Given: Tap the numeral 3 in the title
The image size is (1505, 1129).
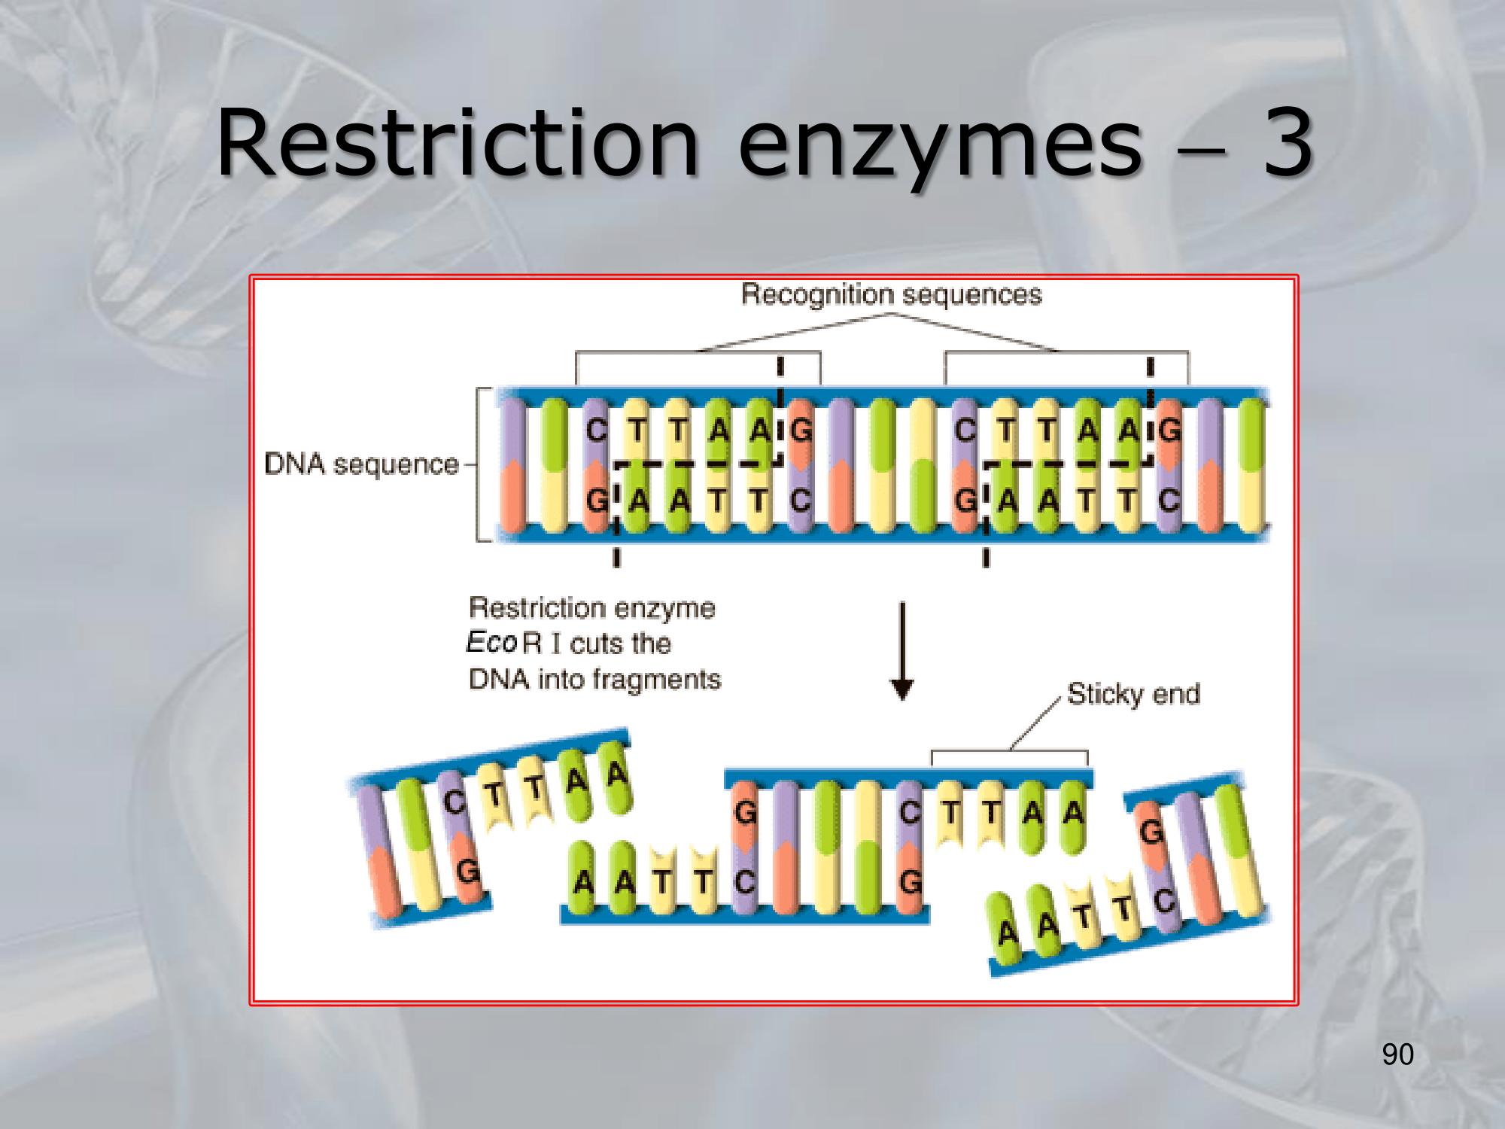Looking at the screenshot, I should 1288,143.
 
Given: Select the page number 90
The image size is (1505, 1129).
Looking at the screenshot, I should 1397,1054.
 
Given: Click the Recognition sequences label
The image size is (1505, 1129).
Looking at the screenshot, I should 891,294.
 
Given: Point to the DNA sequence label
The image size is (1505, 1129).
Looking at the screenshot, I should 361,464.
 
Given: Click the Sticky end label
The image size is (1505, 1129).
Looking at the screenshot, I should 1133,694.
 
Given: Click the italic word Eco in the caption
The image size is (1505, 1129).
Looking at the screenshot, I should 491,643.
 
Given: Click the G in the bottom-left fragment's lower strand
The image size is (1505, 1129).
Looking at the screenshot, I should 467,871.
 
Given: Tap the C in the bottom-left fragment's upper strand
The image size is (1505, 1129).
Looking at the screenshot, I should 454,802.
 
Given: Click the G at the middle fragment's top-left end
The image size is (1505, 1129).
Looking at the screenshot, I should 745,812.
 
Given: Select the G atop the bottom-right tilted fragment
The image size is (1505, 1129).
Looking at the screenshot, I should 1151,832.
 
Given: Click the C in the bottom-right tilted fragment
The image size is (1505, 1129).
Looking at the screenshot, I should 1163,901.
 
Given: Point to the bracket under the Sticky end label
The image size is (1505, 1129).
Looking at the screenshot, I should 1009,752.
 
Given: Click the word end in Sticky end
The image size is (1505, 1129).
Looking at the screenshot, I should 1176,694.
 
